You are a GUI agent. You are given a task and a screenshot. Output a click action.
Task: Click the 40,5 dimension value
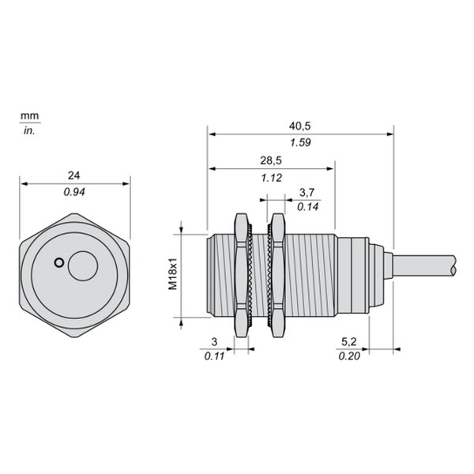[x=299, y=126]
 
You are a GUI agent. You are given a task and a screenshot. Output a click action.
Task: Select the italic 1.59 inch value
[x=300, y=142]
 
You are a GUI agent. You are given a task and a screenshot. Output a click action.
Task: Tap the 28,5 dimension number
[x=271, y=160]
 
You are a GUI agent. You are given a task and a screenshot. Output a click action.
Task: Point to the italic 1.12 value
[x=272, y=178]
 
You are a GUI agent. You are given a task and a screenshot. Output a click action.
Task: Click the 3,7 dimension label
[x=307, y=192]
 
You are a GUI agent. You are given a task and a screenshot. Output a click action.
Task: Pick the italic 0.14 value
[x=308, y=207]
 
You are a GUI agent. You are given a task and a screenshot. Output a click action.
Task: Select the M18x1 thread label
[x=172, y=274]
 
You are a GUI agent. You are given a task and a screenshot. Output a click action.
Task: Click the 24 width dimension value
[x=73, y=175]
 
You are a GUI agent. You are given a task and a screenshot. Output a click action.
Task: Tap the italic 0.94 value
[x=74, y=192]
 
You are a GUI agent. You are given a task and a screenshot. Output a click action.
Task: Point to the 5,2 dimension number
[x=349, y=341]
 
